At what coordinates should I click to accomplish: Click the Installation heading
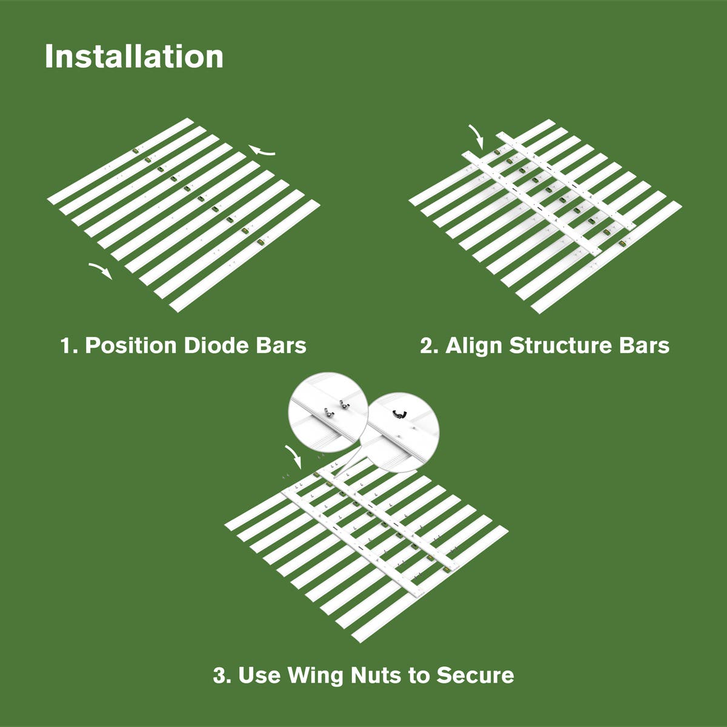tap(134, 56)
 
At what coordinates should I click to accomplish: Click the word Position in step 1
tap(131, 345)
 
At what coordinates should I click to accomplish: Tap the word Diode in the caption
tap(216, 345)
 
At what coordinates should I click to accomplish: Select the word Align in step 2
tap(474, 346)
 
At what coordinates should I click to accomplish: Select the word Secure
tap(476, 676)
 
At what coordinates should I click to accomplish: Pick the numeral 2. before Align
tap(430, 345)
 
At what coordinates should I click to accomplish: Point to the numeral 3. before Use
tap(222, 676)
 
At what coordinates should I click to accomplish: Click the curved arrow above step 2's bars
tap(477, 136)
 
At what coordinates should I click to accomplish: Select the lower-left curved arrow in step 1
tap(101, 270)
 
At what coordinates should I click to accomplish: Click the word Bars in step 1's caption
tap(281, 345)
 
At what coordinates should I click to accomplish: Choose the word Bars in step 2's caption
tap(645, 345)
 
